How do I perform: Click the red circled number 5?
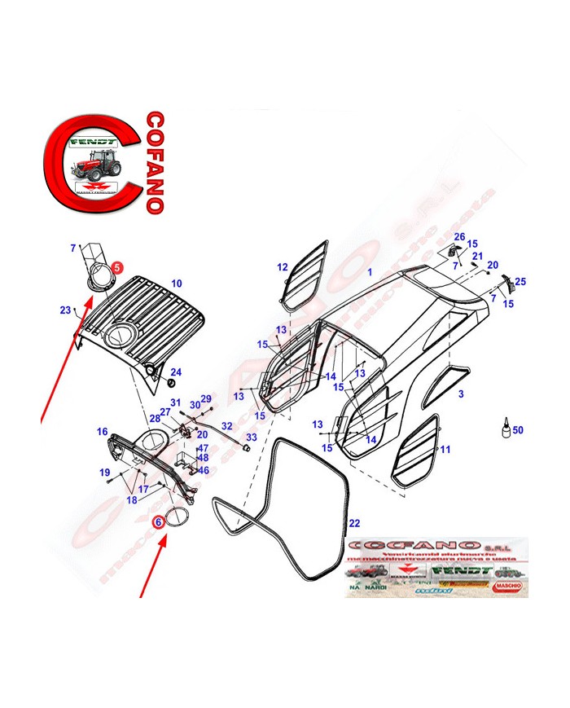[116, 266]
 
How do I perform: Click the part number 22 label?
[353, 522]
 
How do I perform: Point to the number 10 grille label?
[176, 284]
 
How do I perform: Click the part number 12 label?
[282, 267]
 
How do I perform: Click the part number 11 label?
[445, 450]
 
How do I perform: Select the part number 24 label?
[176, 372]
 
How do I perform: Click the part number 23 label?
[64, 310]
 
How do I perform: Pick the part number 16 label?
[102, 431]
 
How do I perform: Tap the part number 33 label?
[251, 438]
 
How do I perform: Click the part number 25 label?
[520, 282]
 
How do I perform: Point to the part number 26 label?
[459, 237]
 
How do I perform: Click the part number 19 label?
[104, 473]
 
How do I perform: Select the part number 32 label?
[226, 426]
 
